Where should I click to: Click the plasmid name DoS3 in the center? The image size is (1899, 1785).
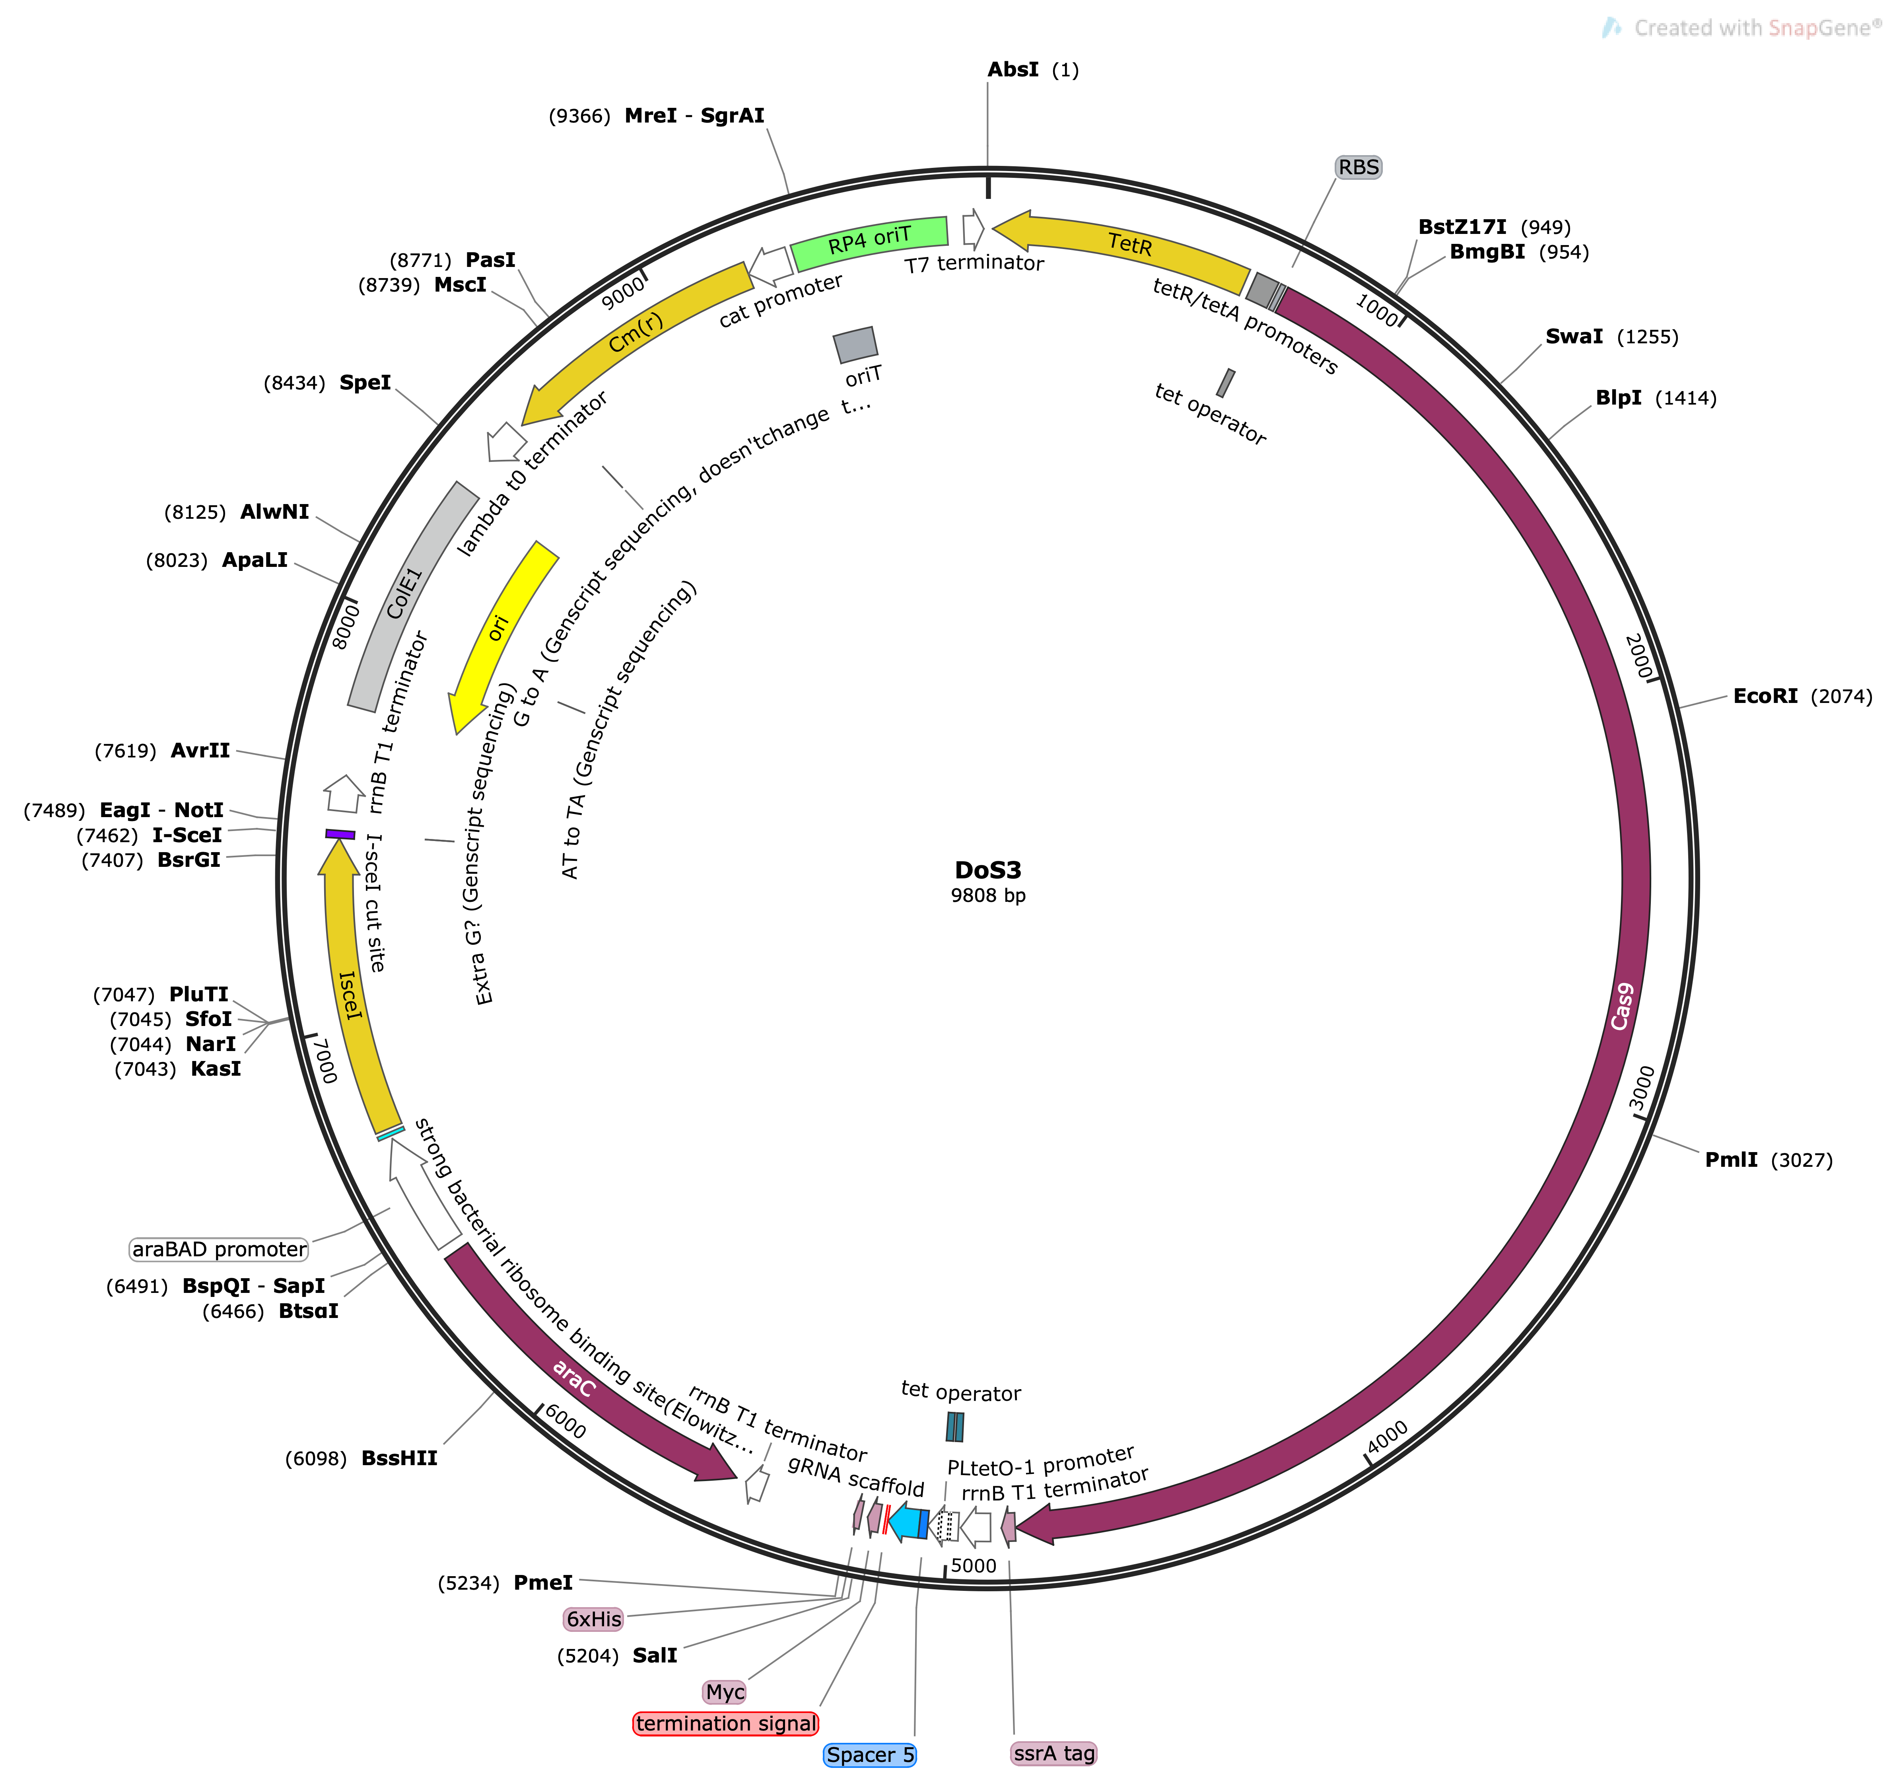(988, 870)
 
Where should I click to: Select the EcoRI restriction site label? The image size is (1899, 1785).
(1765, 696)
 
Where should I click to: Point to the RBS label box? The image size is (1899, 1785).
(1359, 167)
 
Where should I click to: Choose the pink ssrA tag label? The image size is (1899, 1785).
(1053, 1752)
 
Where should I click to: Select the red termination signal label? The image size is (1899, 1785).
(726, 1723)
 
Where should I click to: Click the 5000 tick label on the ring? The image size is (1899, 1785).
(974, 1565)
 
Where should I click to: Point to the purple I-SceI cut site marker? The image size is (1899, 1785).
(340, 834)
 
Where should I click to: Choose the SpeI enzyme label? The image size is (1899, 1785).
(365, 382)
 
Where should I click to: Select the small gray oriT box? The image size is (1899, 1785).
(855, 344)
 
